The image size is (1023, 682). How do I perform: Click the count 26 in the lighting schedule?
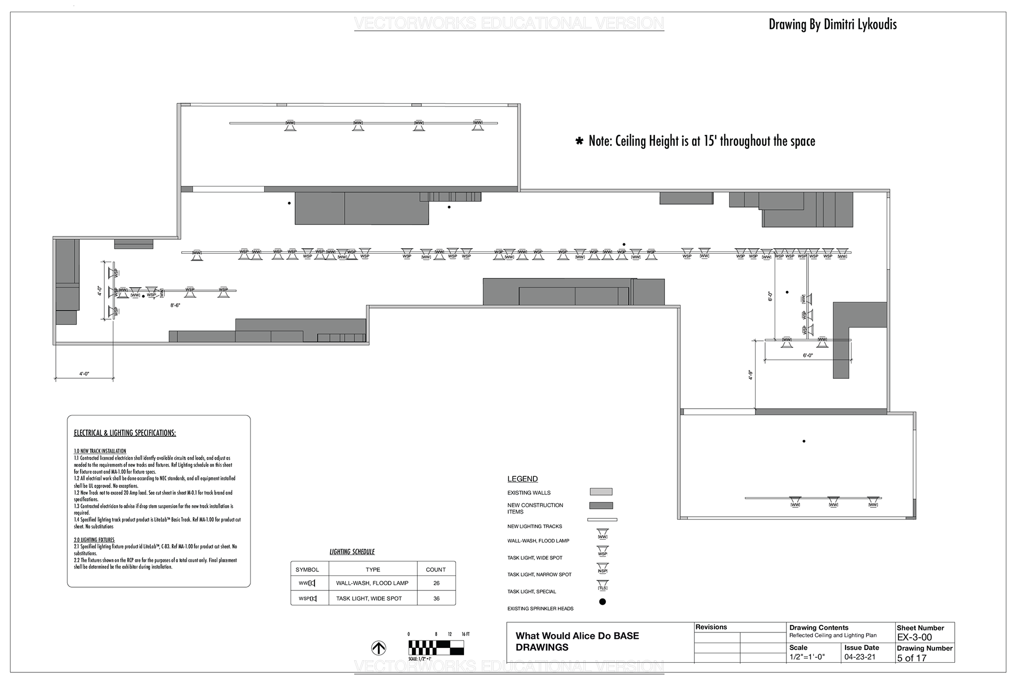pyautogui.click(x=436, y=583)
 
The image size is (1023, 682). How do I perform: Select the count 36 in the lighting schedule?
pyautogui.click(x=436, y=598)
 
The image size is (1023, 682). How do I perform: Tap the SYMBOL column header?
pyautogui.click(x=307, y=570)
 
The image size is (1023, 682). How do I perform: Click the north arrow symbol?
pyautogui.click(x=378, y=648)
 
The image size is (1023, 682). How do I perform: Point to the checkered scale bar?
pyautogui.click(x=436, y=647)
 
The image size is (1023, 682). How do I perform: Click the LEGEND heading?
pyautogui.click(x=522, y=479)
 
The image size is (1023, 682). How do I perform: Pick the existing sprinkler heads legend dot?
pyautogui.click(x=603, y=602)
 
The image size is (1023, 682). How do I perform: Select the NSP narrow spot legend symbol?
pyautogui.click(x=603, y=569)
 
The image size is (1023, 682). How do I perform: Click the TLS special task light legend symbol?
pyautogui.click(x=603, y=586)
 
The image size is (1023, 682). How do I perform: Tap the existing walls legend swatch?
pyautogui.click(x=601, y=492)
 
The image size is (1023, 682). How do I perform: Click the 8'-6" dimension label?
pyautogui.click(x=175, y=305)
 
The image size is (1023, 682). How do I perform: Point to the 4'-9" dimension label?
pyautogui.click(x=750, y=375)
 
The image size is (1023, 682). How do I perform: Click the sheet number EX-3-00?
pyautogui.click(x=914, y=637)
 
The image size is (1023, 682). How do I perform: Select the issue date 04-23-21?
pyautogui.click(x=859, y=657)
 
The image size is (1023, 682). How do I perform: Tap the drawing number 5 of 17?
pyautogui.click(x=912, y=658)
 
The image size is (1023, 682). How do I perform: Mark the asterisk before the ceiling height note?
pyautogui.click(x=579, y=142)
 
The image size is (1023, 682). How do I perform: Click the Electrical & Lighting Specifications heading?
pyautogui.click(x=125, y=433)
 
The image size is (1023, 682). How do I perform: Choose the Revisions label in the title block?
pyautogui.click(x=711, y=627)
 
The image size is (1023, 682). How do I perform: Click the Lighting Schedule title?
pyautogui.click(x=352, y=551)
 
